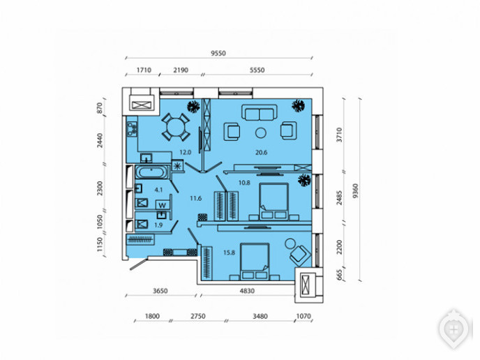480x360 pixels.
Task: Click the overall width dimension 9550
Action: (x=218, y=53)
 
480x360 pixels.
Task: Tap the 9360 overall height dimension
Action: (x=355, y=191)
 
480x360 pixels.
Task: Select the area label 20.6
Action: (x=261, y=152)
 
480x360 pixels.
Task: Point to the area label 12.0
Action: (x=185, y=152)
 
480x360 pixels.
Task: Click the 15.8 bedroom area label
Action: (x=229, y=253)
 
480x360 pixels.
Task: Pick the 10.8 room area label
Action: (x=244, y=183)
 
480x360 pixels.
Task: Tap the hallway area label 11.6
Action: (x=195, y=198)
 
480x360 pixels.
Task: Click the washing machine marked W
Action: (x=163, y=205)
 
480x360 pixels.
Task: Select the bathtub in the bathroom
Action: (x=152, y=172)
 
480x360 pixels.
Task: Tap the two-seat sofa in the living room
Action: (x=260, y=112)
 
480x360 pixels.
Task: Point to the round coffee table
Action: (x=261, y=133)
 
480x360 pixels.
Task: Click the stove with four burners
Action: (x=133, y=128)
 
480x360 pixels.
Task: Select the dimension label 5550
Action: (x=257, y=70)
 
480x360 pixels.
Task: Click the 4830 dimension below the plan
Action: (x=247, y=291)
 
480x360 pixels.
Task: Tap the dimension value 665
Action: (x=339, y=275)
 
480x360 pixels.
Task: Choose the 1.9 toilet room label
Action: (x=158, y=225)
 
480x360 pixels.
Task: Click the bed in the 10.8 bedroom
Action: (x=273, y=202)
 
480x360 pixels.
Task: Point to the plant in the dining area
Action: (x=193, y=106)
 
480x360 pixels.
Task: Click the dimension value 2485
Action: (x=339, y=197)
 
